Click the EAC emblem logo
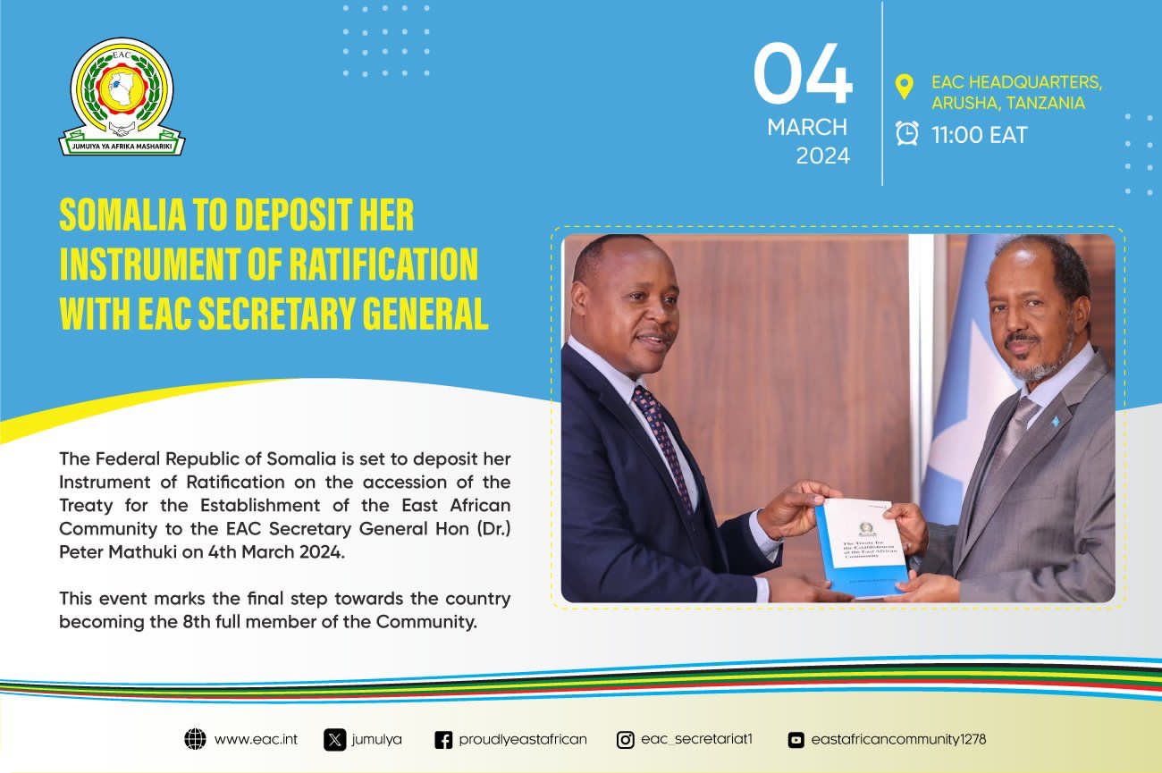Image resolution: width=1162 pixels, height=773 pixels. tap(122, 97)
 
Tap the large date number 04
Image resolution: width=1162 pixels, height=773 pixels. tap(803, 73)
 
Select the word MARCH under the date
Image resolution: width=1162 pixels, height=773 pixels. tap(807, 128)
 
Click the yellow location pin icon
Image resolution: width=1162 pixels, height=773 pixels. tap(905, 87)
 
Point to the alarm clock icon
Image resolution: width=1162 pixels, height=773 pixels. tap(906, 133)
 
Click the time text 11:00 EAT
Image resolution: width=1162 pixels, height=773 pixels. tap(980, 136)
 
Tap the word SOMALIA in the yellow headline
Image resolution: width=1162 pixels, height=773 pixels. tap(123, 214)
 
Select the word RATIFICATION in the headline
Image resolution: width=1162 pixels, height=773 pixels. tap(383, 265)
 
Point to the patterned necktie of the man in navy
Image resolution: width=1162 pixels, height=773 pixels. tap(662, 446)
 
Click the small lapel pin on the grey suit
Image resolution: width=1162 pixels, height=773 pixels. tap(1055, 421)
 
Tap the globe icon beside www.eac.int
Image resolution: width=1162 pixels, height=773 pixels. tap(195, 739)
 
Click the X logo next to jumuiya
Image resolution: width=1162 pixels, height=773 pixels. tap(334, 740)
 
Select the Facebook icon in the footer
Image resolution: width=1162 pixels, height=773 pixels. tap(443, 740)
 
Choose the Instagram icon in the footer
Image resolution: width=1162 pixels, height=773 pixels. tap(625, 740)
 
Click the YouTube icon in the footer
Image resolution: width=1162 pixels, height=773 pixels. tap(796, 740)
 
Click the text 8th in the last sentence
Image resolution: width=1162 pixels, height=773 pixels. tap(197, 621)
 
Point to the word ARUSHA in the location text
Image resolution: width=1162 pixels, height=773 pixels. tap(966, 104)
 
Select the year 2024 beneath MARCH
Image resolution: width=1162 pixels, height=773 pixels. tap(822, 156)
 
